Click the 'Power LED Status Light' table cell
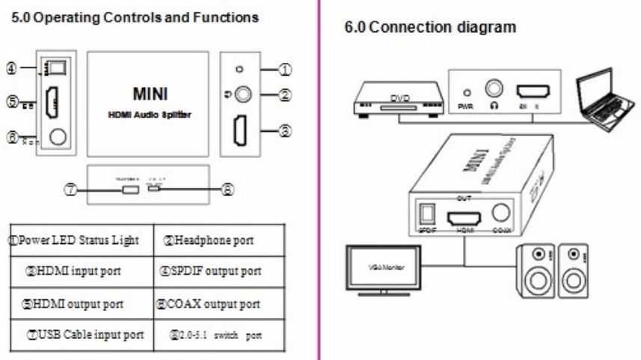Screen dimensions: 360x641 (x=79, y=241)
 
